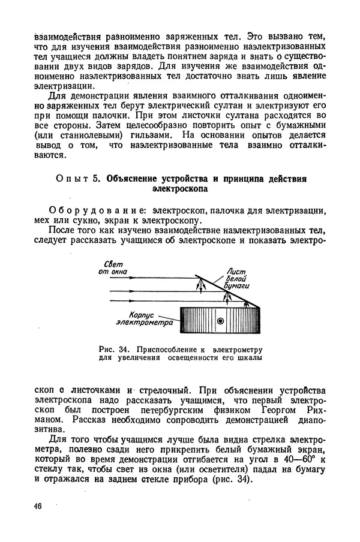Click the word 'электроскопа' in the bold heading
(180, 189)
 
